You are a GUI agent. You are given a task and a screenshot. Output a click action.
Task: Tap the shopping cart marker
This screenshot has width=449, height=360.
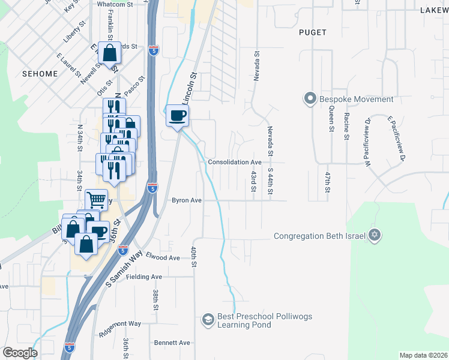pos(96,200)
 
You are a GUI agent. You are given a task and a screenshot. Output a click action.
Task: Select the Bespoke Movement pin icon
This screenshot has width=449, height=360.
pos(310,98)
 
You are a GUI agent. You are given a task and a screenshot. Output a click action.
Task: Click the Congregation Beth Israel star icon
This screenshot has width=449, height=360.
pos(375,235)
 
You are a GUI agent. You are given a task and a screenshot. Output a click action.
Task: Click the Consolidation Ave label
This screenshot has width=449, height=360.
pos(235,162)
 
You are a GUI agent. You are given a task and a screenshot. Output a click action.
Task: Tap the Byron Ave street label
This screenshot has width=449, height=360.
pos(186,200)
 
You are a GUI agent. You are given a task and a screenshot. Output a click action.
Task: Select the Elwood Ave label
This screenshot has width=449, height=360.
pos(163,257)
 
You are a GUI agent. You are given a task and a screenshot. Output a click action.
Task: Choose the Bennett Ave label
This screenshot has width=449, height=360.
pos(172,343)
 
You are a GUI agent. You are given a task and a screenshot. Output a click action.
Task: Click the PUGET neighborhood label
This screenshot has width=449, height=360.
pos(313,32)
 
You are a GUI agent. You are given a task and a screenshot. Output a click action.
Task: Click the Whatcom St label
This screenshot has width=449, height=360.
pos(114,4)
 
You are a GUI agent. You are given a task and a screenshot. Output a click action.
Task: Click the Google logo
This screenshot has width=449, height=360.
pos(19,353)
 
